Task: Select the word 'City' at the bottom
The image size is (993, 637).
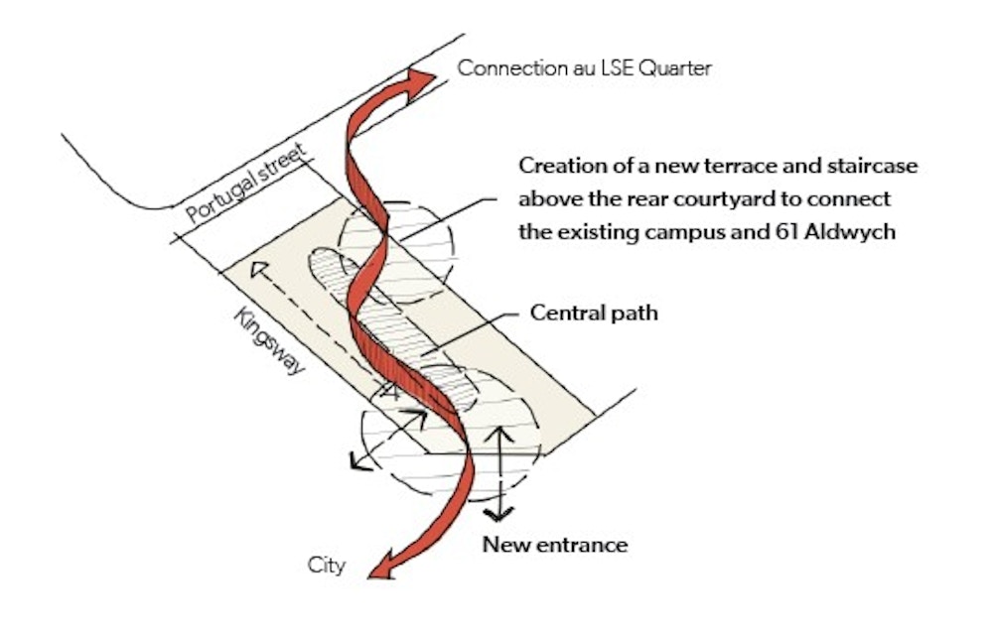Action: (x=327, y=566)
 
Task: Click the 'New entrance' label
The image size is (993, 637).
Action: (x=555, y=545)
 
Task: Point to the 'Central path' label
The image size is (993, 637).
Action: (x=594, y=314)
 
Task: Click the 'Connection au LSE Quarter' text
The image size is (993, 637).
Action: (x=585, y=68)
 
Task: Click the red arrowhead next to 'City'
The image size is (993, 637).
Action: (x=378, y=571)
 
